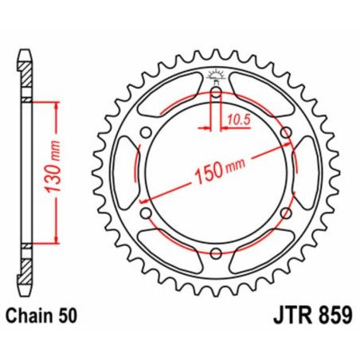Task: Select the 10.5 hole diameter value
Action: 235,119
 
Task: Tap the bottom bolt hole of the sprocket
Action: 217,252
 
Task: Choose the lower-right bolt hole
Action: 286,213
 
